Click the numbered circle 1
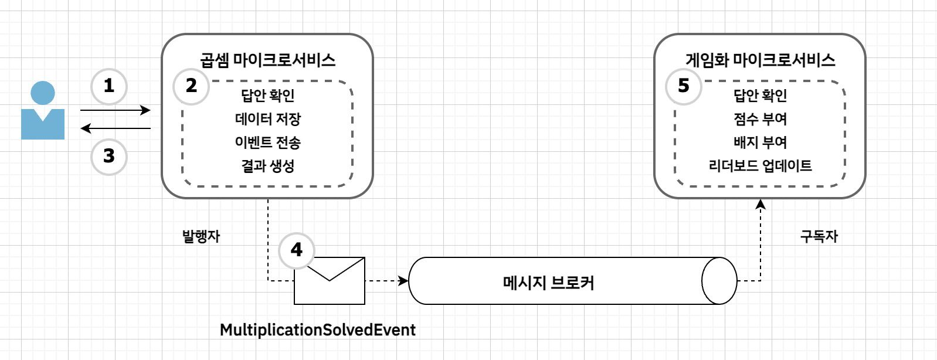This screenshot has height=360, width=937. (x=109, y=86)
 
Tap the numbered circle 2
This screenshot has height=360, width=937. (x=191, y=86)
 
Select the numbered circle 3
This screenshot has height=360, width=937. (x=109, y=157)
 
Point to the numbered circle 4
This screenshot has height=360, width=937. (x=297, y=250)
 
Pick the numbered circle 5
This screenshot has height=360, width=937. (x=684, y=86)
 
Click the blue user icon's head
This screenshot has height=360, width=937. (x=43, y=93)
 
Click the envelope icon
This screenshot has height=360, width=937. (x=330, y=281)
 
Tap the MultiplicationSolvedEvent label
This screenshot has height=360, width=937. (x=318, y=330)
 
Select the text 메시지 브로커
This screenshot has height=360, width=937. (x=549, y=283)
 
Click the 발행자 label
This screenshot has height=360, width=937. (x=201, y=236)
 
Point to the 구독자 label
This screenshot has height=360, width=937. (x=819, y=236)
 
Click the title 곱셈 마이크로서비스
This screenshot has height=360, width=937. (x=267, y=60)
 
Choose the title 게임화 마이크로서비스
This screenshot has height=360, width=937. (x=760, y=60)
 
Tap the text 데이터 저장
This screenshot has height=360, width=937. (x=268, y=119)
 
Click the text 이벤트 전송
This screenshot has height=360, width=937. (x=268, y=142)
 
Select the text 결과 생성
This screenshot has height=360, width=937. (x=268, y=166)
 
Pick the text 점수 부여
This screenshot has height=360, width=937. (x=761, y=119)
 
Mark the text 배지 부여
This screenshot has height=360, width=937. (x=761, y=142)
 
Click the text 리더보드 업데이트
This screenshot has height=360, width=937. (x=761, y=166)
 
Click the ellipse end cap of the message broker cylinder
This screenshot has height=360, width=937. (x=719, y=281)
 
